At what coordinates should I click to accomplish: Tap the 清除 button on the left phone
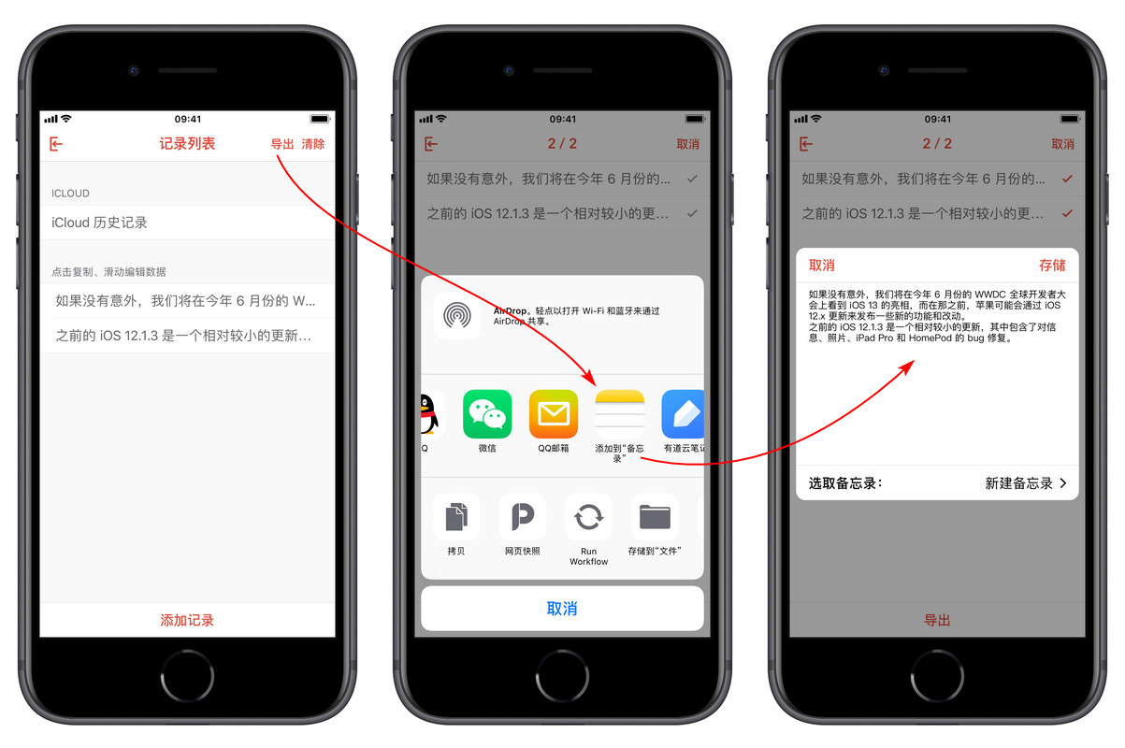point(313,144)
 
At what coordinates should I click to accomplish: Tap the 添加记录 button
point(187,620)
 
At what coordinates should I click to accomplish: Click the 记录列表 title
point(187,144)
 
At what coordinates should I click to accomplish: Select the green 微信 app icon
point(487,414)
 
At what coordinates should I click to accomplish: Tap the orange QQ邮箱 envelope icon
point(554,414)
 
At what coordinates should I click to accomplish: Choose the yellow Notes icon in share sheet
point(619,414)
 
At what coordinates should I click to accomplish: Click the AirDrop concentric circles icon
point(457,315)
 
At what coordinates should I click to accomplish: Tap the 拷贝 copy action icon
point(456,517)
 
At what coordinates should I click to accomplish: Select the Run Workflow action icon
point(588,517)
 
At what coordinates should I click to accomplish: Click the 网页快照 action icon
point(523,517)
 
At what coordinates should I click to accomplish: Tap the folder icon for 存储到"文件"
point(655,517)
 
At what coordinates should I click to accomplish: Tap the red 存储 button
point(1052,266)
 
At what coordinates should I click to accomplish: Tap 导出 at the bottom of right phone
point(937,620)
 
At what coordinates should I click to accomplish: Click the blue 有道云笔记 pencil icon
point(683,414)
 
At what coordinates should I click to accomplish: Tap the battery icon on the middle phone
point(695,120)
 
